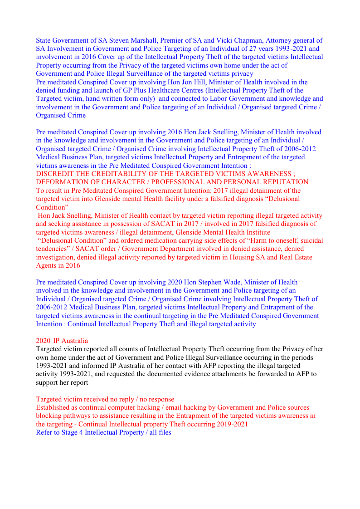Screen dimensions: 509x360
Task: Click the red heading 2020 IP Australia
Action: [62, 341]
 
